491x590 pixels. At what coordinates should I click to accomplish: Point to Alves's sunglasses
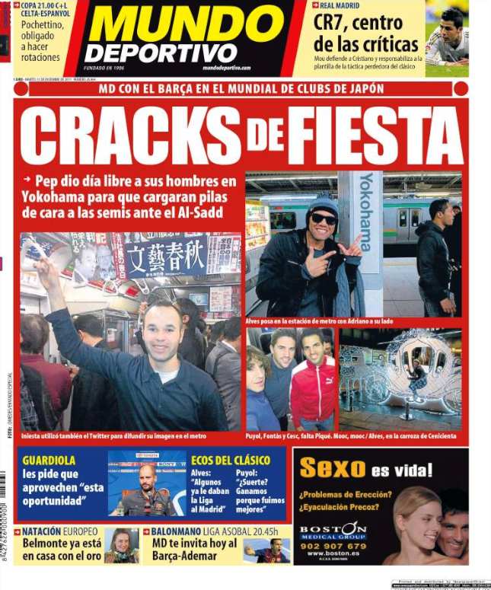point(324,219)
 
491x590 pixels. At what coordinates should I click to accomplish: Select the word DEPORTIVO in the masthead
point(161,53)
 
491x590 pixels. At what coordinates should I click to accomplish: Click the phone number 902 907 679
point(333,545)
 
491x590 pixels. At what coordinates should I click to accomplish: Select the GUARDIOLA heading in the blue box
point(49,461)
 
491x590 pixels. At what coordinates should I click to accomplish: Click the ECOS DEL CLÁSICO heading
point(230,461)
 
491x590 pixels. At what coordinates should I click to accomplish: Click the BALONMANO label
point(180,531)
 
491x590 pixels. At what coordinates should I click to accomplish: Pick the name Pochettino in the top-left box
point(43,24)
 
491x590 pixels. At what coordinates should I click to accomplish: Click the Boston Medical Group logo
point(333,530)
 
